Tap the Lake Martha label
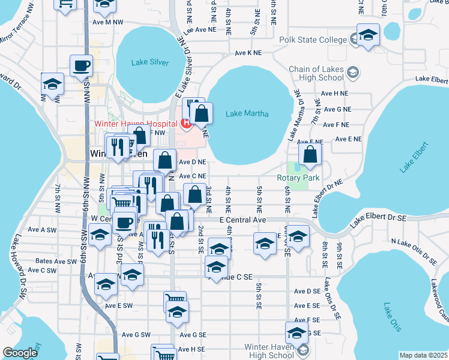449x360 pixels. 247,113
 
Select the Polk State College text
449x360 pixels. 313,40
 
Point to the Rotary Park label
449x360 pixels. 298,178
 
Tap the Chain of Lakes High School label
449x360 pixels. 316,74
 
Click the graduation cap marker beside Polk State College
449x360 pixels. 368,36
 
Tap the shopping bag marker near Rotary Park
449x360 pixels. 310,155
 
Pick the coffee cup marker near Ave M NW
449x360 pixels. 81,66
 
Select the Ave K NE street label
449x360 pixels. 249,53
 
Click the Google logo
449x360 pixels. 20,353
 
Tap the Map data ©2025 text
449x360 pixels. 423,355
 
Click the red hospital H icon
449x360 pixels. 185,124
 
